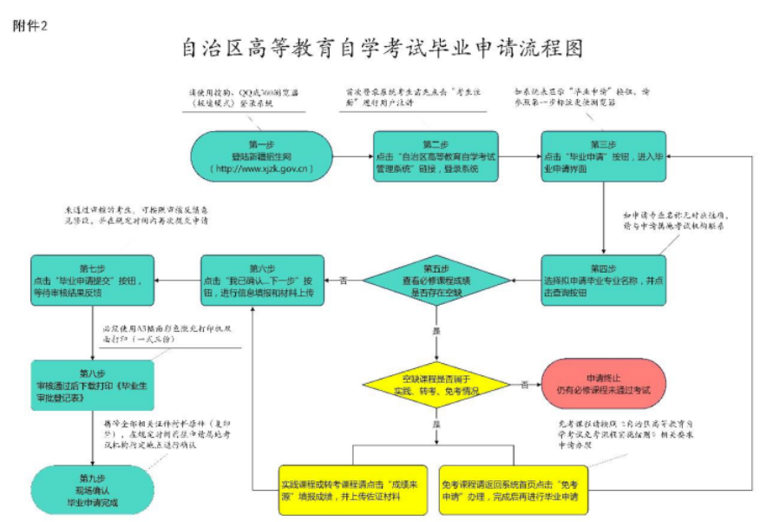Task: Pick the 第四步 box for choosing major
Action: point(604,280)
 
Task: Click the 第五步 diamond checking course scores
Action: point(436,280)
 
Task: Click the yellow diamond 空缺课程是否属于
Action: point(436,385)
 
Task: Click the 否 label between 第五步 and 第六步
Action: point(344,280)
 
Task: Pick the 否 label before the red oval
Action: point(524,384)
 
